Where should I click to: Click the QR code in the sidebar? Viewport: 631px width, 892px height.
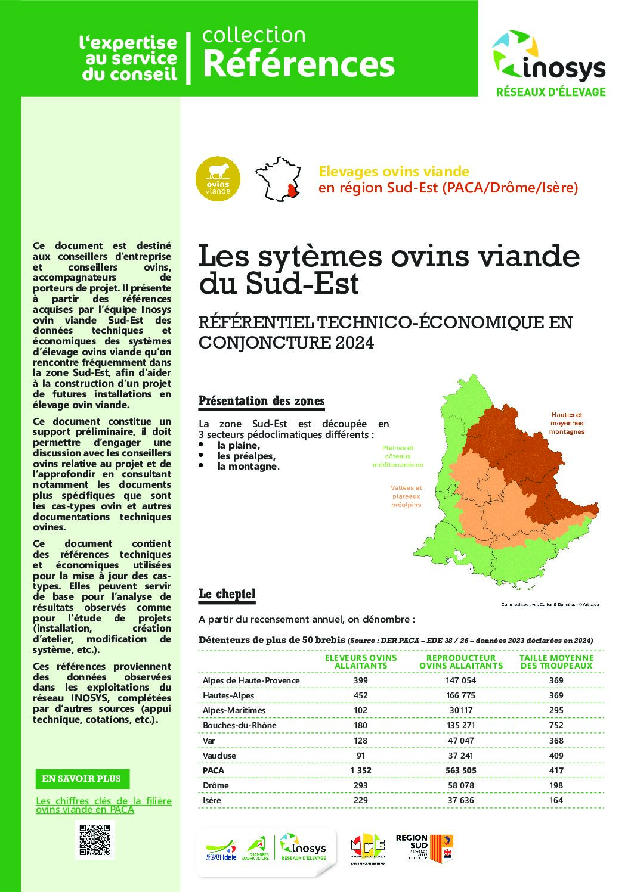point(94,840)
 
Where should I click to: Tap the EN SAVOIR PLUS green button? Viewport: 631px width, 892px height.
point(82,779)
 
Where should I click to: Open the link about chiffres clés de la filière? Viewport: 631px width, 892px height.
point(103,805)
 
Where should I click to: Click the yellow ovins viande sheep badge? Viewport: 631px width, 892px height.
point(218,179)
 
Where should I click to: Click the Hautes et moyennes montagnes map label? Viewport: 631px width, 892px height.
point(567,423)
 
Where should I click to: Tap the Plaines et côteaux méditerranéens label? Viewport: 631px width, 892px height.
point(397,456)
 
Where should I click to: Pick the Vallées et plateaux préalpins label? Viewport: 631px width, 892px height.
point(406,496)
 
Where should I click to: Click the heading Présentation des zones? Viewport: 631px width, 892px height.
point(262,401)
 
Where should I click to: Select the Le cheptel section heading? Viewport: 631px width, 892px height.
point(227,594)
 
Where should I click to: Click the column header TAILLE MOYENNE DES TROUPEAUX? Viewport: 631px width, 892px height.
point(556,661)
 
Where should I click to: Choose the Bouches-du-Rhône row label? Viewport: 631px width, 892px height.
point(240,725)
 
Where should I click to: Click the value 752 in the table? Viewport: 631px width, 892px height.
point(556,725)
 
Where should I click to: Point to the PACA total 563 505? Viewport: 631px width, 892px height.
point(461,770)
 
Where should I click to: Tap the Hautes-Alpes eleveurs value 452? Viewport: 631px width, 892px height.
point(360,695)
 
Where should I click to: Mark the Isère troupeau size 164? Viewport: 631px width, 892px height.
point(556,800)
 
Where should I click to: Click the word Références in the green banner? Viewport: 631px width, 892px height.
point(299,64)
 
